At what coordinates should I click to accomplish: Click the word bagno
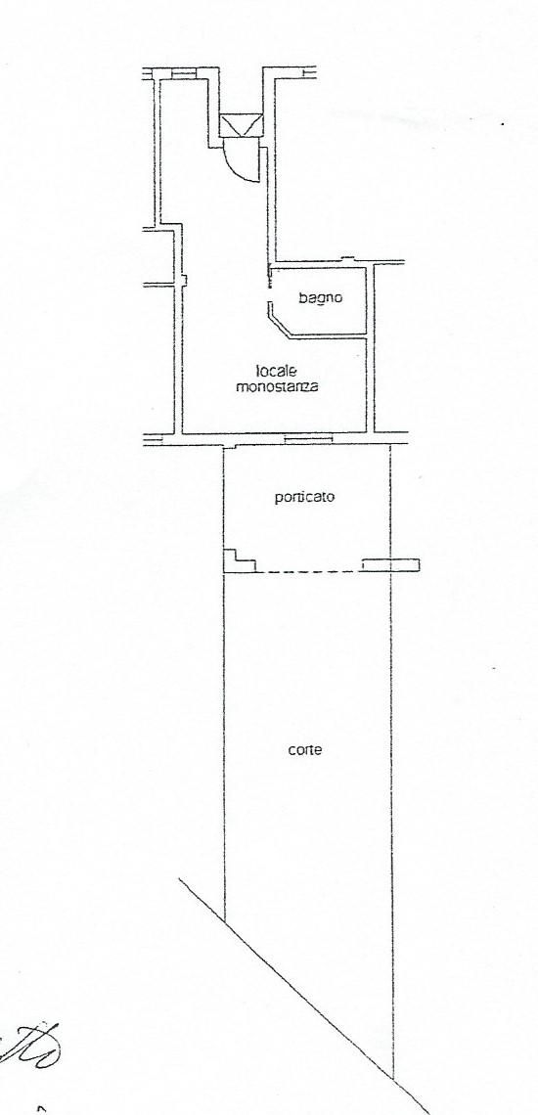(320, 298)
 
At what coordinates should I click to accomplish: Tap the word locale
(277, 372)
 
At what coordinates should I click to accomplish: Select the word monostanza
(278, 388)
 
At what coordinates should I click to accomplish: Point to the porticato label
(304, 498)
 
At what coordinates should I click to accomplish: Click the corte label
(305, 749)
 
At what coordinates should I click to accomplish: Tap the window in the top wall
(183, 72)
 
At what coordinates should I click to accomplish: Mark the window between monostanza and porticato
(308, 439)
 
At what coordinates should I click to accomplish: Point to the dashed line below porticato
(308, 572)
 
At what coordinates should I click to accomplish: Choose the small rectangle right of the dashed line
(390, 565)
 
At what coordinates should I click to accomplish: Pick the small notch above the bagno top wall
(347, 258)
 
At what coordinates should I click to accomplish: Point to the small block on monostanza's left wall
(184, 281)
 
